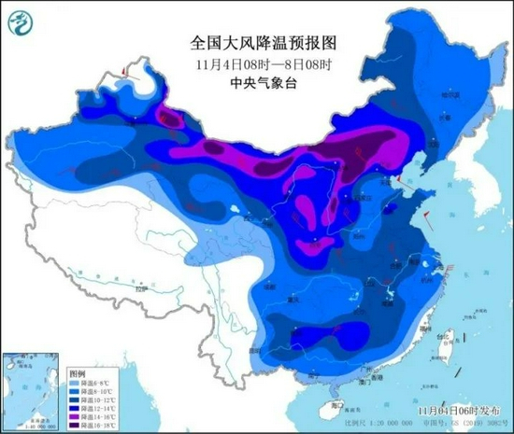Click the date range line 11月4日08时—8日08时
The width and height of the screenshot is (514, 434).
tap(256, 63)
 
